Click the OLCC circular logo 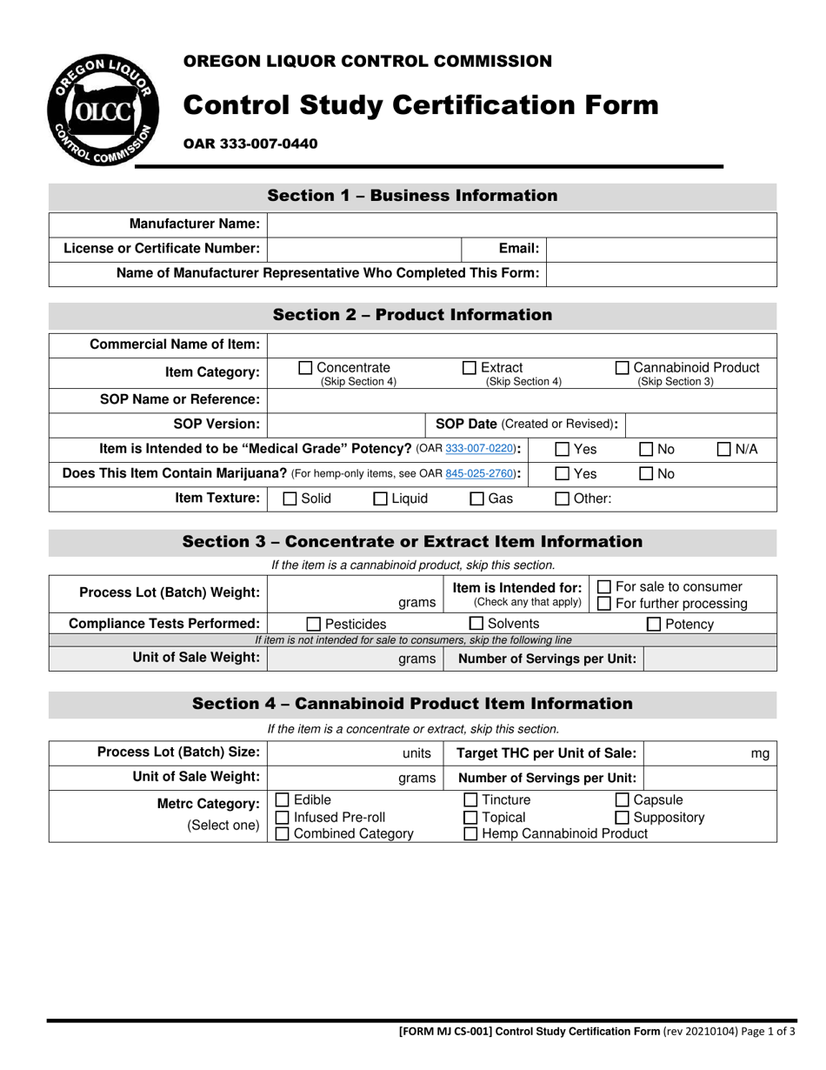103,109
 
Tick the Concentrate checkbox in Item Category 305,368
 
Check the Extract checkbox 470,368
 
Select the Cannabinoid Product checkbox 623,368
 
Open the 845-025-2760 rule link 481,474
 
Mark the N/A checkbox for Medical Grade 724,450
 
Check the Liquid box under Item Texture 380,499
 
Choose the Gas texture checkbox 477,499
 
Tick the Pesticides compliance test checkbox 314,624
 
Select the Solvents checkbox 476,624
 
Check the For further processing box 604,604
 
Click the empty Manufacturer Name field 522,224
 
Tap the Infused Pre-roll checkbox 283,818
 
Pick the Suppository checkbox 623,818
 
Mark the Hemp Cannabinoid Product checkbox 470,834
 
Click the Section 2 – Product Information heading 412,315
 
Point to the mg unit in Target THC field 760,754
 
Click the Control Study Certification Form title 420,105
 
